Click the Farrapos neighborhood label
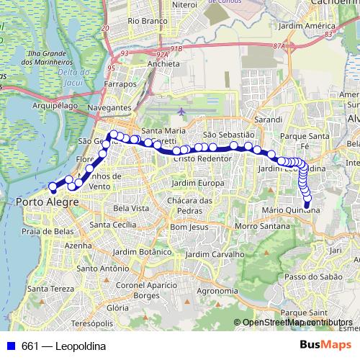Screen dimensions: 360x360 coord(120,84)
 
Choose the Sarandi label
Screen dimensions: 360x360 coord(268,117)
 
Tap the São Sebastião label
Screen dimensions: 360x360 coord(229,135)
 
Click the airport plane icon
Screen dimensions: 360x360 coord(180,112)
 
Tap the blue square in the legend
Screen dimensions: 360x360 coord(10,346)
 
